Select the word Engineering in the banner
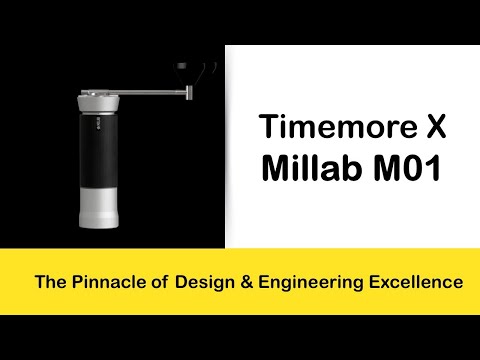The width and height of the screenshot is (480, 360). (x=311, y=283)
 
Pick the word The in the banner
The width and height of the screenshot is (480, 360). (x=49, y=283)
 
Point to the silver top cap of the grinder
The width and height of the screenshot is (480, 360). (x=100, y=101)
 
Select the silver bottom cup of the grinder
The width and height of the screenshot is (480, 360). (x=100, y=211)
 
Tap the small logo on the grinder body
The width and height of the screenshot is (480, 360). (x=100, y=127)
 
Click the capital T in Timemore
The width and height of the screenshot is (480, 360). (x=267, y=128)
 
